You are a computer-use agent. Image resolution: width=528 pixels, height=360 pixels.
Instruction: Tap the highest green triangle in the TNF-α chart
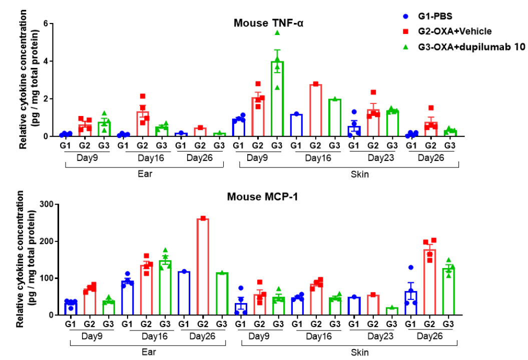(277, 32)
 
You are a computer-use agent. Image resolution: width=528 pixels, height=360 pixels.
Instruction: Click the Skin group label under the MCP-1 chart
(360, 352)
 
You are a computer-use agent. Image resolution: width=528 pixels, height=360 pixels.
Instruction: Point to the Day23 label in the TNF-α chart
(375, 157)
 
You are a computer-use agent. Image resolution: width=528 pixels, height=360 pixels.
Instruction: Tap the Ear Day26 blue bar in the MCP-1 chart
(184, 293)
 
